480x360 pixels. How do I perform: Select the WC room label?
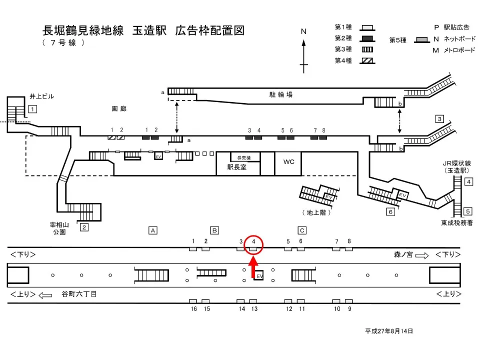[289, 162]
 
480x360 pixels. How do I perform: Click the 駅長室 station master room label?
[236, 168]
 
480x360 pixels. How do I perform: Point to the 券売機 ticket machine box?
[244, 157]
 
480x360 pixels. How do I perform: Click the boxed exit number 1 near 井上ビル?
[32, 109]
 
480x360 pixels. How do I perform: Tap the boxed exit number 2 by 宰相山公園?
[84, 227]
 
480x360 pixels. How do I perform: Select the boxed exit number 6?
[390, 211]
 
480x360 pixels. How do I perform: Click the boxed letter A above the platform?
[153, 230]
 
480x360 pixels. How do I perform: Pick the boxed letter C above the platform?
[301, 230]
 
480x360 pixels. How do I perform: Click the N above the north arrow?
[303, 31]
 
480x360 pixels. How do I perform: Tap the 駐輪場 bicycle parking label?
[282, 94]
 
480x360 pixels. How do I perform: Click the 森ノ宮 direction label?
[403, 255]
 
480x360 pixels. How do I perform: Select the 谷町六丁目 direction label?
[78, 294]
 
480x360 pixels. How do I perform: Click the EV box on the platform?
[259, 275]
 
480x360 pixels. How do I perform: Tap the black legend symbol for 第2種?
[367, 38]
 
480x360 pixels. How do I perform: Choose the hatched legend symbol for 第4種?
[367, 60]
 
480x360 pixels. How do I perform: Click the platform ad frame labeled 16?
[193, 301]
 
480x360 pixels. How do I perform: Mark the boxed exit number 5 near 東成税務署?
[468, 211]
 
